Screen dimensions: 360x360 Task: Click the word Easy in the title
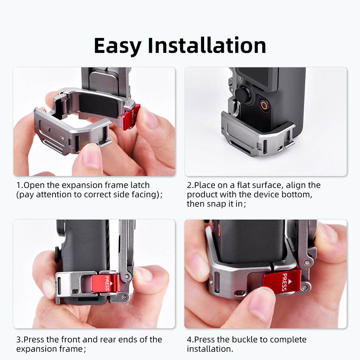(117, 46)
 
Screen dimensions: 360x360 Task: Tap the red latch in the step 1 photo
(130, 116)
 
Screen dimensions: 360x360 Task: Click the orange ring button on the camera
(264, 105)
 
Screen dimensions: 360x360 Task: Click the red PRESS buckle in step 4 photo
(282, 282)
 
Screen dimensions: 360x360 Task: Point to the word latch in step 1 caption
(140, 185)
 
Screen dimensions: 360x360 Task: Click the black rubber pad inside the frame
(99, 105)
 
